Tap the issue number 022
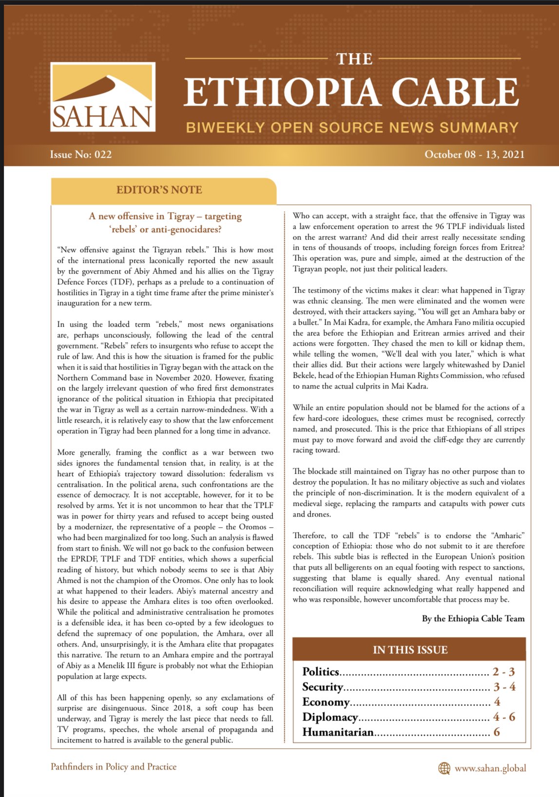pos(103,154)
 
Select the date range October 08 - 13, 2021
pos(474,154)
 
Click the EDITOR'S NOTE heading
pos(159,190)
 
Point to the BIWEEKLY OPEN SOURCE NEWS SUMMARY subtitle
pos(352,128)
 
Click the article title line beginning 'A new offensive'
pos(165,216)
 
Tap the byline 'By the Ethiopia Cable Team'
pos(473,618)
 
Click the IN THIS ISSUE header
pos(409,649)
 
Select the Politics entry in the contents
pos(321,672)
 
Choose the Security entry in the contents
pos(323,687)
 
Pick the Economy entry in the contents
pos(326,702)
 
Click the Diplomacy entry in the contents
pos(330,717)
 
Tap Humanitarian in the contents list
pos(338,732)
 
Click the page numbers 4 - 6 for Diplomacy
pos(504,717)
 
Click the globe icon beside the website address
pos(444,768)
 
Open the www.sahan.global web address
pos(490,768)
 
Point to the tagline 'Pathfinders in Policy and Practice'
pos(114,766)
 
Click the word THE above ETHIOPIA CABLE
pos(354,59)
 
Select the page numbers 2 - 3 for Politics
pos(503,672)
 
